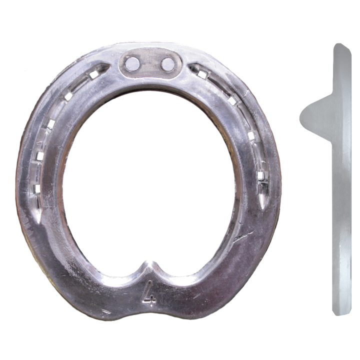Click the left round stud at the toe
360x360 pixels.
coord(132,64)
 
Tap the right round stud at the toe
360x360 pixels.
coord(168,64)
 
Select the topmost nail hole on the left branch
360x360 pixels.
coord(93,75)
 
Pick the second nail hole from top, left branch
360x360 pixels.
coord(68,96)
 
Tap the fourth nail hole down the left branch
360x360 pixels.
coord(40,156)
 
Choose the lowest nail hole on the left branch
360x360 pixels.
coord(37,188)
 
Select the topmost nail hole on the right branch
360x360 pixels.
coord(201,74)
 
